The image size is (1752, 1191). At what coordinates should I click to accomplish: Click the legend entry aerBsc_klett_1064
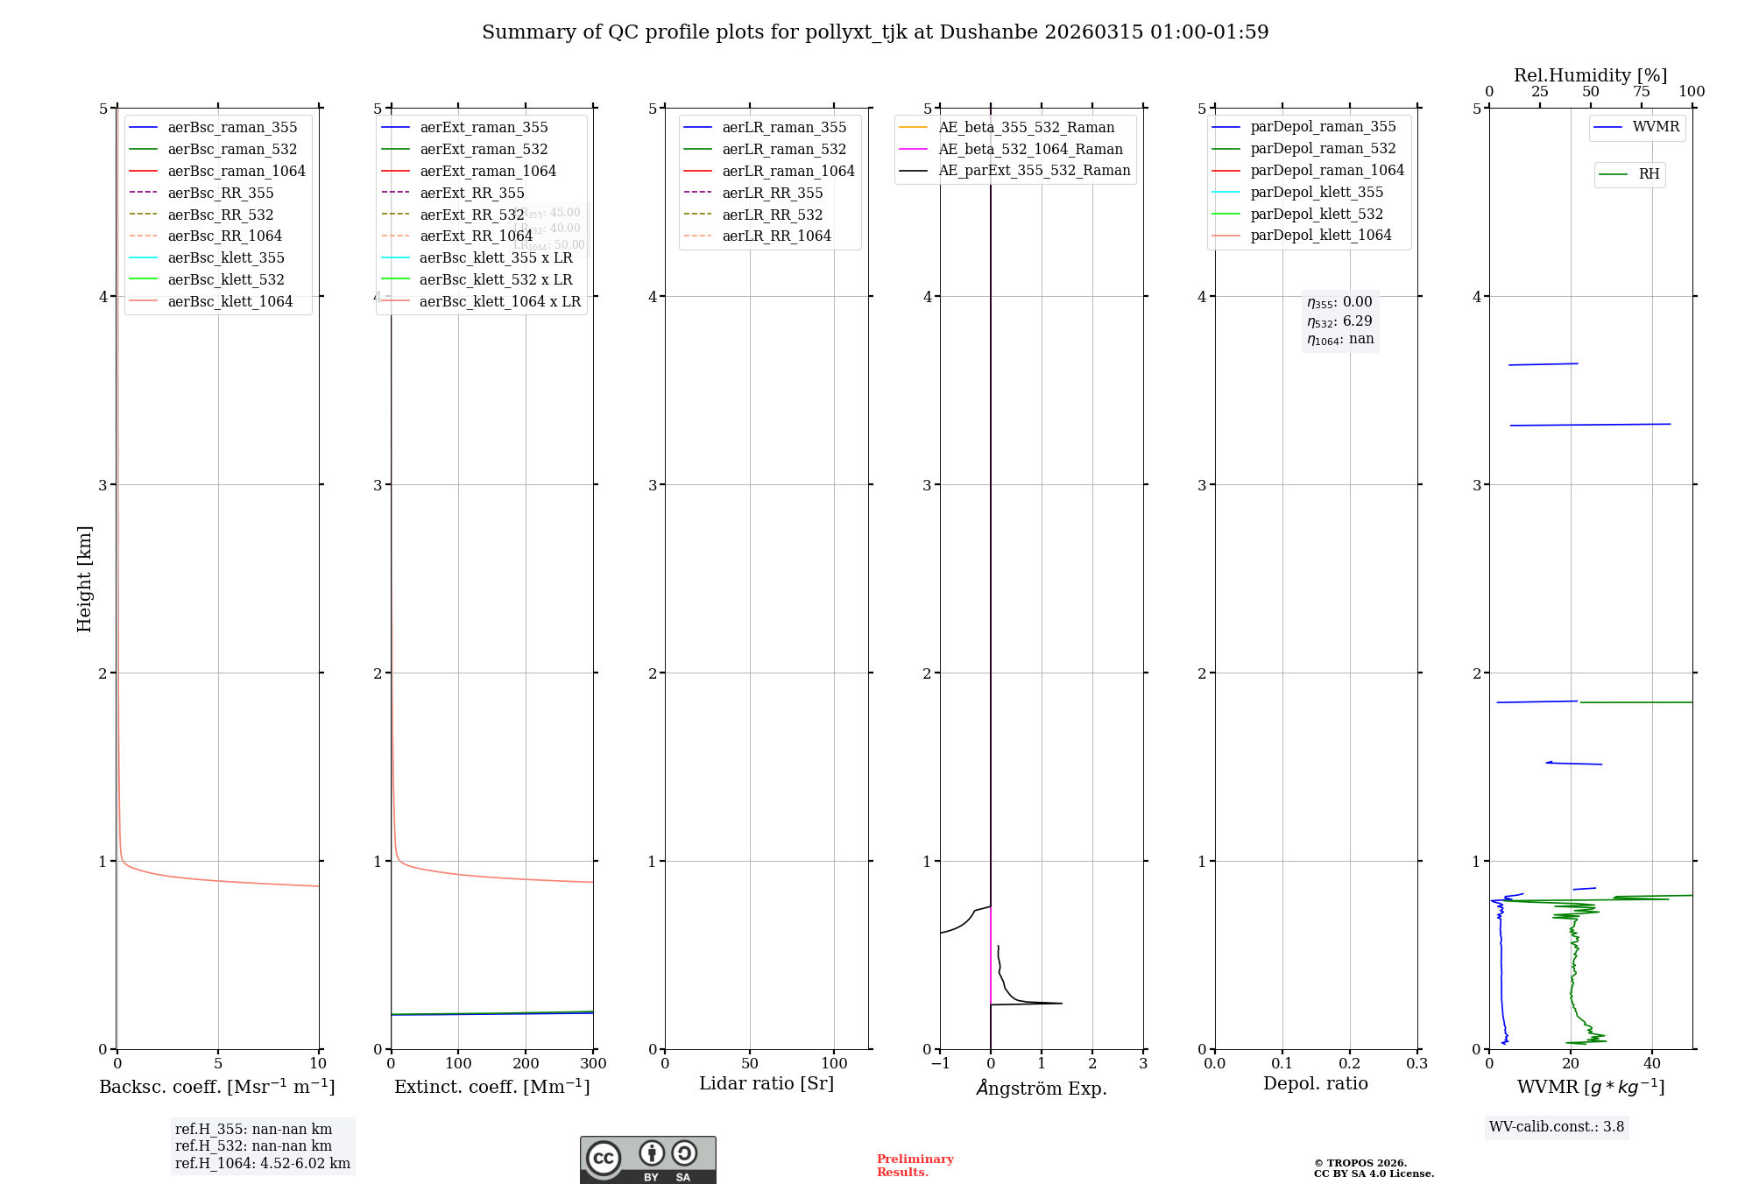click(230, 301)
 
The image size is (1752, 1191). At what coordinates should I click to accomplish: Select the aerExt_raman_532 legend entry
click(484, 149)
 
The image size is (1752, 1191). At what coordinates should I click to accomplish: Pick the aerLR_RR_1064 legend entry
click(776, 236)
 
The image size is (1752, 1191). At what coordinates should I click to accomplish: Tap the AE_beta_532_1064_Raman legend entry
click(1030, 149)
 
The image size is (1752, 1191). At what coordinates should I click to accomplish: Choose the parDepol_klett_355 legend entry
click(1317, 192)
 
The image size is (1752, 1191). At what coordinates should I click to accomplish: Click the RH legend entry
click(1649, 174)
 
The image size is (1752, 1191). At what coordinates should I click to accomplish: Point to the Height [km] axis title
click(84, 579)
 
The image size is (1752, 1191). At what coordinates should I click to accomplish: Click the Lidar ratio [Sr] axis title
click(766, 1083)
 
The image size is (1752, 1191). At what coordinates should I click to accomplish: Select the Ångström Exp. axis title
click(1042, 1088)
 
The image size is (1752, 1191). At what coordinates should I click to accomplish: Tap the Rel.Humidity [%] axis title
click(1590, 75)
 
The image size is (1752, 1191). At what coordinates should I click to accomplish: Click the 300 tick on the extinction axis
click(593, 1063)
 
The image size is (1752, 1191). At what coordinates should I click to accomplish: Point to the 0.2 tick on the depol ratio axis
click(1350, 1063)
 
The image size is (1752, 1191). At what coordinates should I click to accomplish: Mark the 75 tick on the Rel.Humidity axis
click(1641, 92)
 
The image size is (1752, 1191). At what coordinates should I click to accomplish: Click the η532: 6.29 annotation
click(1339, 321)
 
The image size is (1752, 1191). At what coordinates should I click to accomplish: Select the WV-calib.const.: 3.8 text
click(1557, 1127)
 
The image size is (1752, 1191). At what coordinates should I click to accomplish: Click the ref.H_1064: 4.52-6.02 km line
click(262, 1164)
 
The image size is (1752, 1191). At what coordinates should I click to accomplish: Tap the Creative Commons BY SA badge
click(647, 1160)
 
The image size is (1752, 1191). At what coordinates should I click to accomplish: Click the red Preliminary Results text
click(915, 1166)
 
